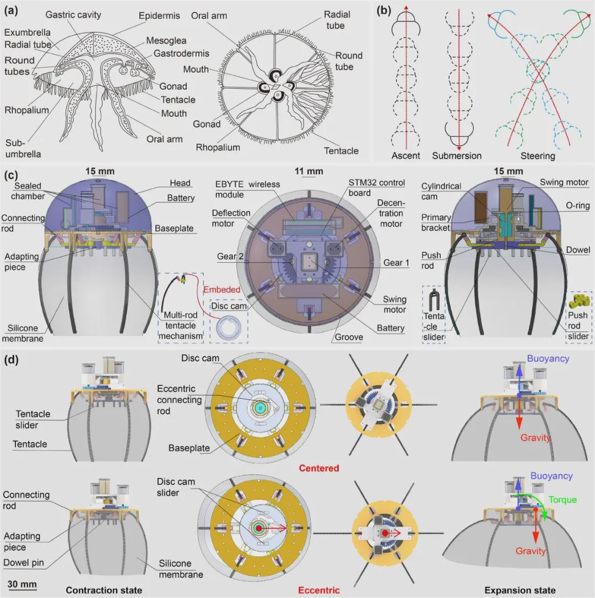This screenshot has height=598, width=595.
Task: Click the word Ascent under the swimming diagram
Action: (x=405, y=155)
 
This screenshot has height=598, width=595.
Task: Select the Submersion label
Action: (x=457, y=155)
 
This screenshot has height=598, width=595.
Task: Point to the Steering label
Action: (x=538, y=156)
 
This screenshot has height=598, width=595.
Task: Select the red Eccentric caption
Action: (x=319, y=590)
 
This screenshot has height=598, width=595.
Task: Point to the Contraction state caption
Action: (x=104, y=590)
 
